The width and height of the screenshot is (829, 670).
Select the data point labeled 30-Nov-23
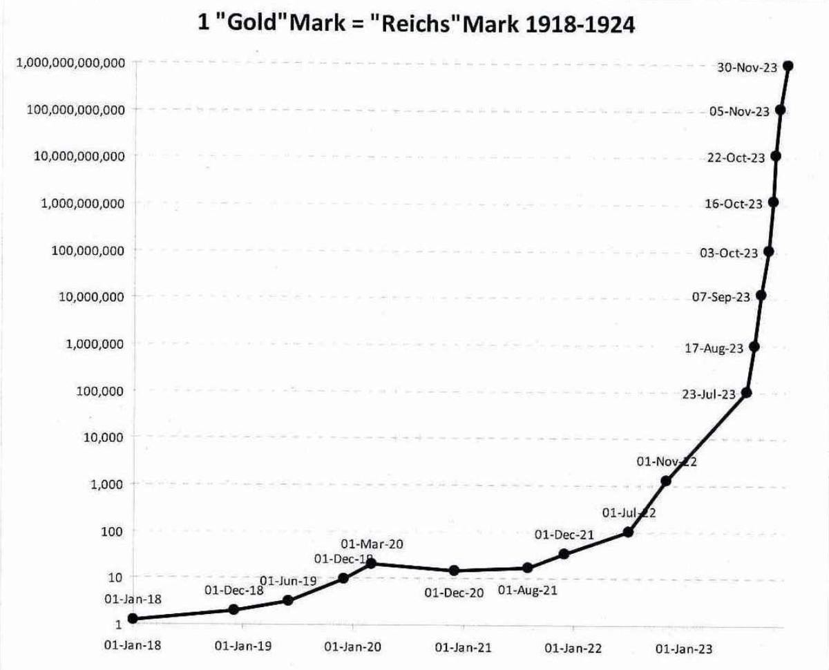788,66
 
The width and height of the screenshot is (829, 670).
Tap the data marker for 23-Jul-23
746,393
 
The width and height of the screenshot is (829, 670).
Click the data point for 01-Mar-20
371,564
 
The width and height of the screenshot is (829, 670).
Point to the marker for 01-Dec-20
454,571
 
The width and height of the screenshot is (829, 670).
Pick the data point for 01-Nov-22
666,481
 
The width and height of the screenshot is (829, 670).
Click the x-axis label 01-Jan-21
464,647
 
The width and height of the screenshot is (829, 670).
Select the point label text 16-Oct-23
734,204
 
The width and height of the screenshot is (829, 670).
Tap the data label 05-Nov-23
739,112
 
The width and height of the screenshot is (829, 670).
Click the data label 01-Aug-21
527,590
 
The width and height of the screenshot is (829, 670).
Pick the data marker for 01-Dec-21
564,554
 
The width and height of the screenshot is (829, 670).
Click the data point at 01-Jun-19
288,600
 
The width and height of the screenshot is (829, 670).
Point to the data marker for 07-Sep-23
761,296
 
